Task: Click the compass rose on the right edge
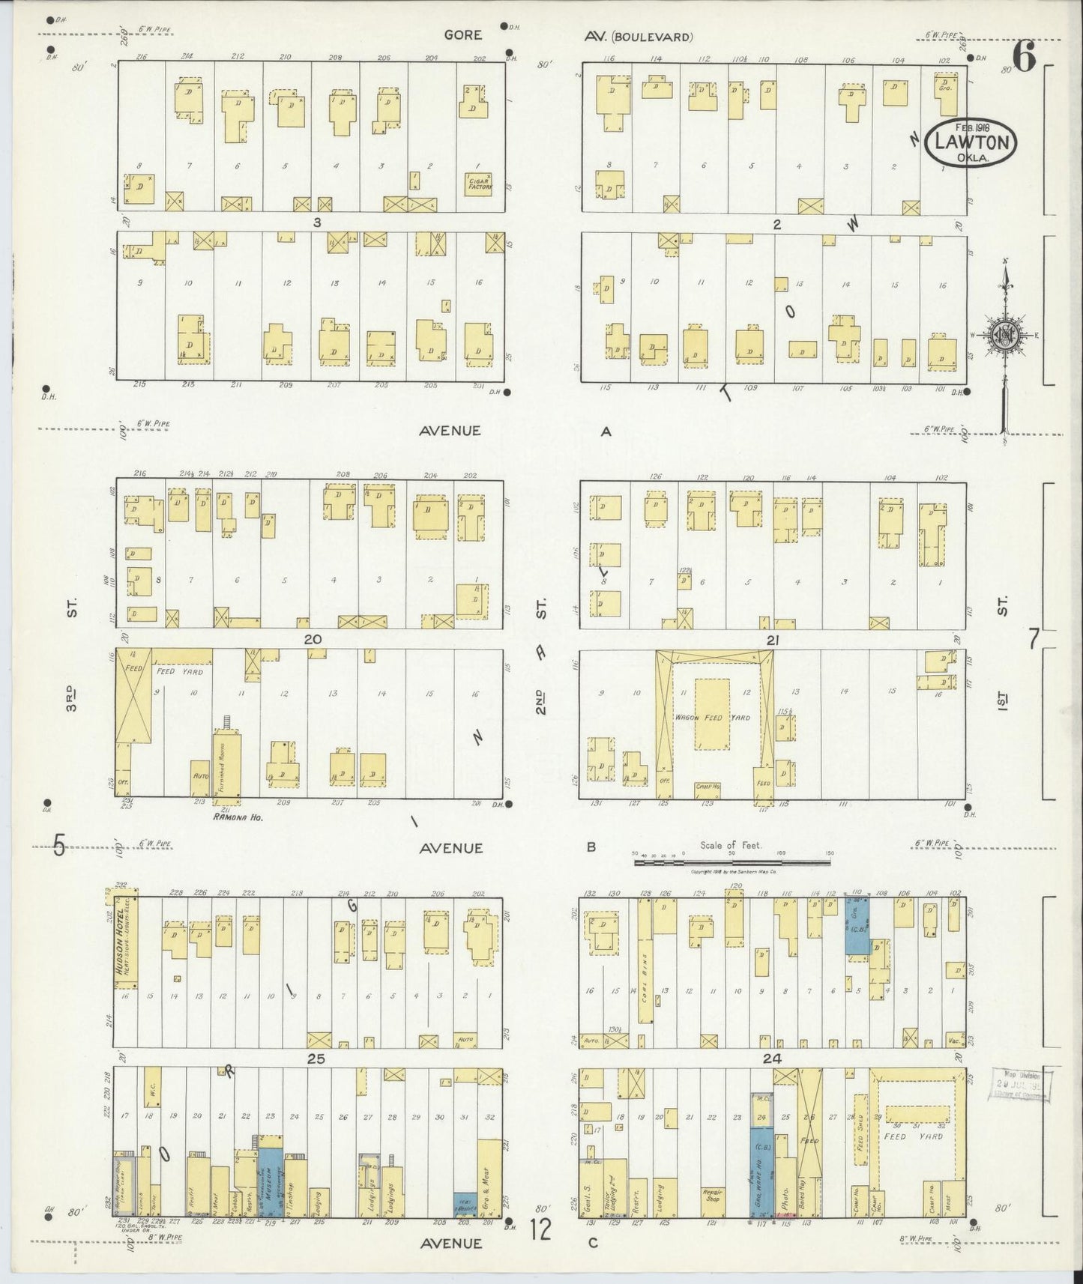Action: (1004, 336)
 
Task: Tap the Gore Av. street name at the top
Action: (462, 35)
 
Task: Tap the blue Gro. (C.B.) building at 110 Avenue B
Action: (857, 926)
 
